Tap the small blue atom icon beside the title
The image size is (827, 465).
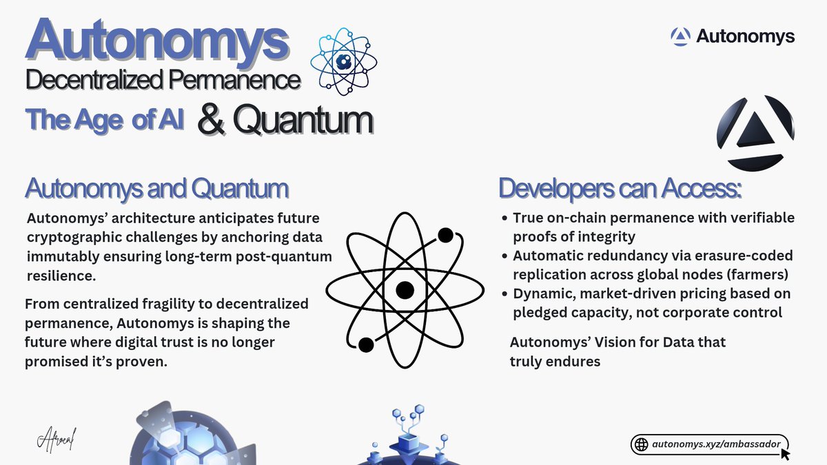pyautogui.click(x=341, y=61)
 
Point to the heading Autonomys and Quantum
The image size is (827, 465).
pyautogui.click(x=156, y=188)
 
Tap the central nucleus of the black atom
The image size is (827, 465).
pyautogui.click(x=404, y=289)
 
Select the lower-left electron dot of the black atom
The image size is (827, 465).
pyautogui.click(x=366, y=343)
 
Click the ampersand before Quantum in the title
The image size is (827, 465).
pyautogui.click(x=214, y=119)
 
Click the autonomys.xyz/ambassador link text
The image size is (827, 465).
pyautogui.click(x=717, y=444)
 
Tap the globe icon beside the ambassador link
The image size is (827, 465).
pyautogui.click(x=642, y=445)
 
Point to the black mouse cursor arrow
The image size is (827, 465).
pyautogui.click(x=785, y=455)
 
